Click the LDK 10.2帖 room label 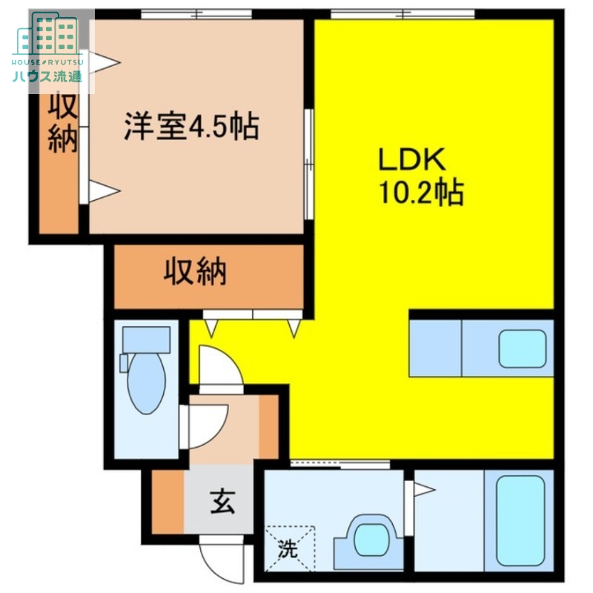[x=421, y=176]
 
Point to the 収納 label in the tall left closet [x=63, y=124]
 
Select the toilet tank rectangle [x=146, y=339]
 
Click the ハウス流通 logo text [x=46, y=76]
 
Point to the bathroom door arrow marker [x=423, y=490]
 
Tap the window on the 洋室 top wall [x=196, y=12]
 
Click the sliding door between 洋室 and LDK [x=308, y=163]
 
